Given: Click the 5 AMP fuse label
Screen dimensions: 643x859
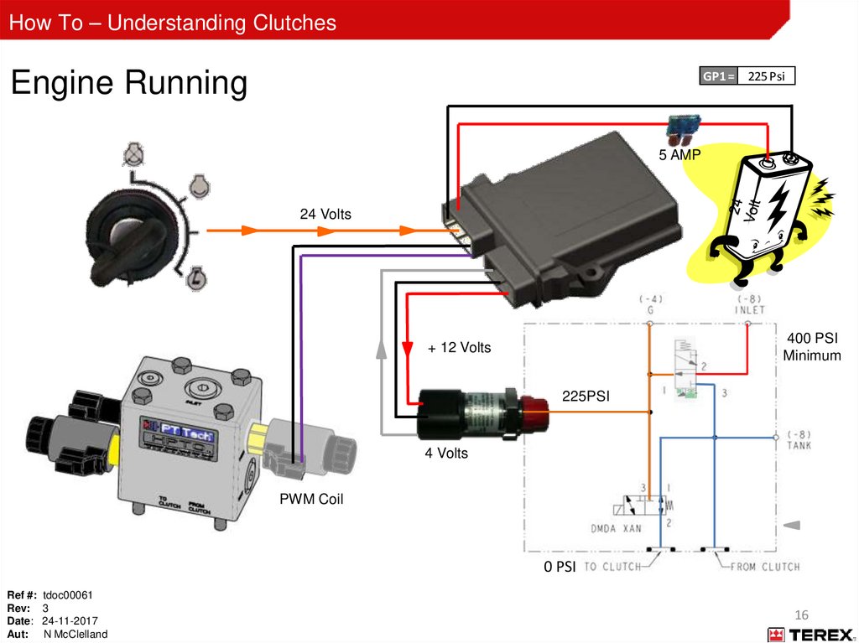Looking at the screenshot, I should tap(679, 154).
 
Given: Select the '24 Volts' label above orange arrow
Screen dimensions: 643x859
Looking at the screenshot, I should tap(325, 215).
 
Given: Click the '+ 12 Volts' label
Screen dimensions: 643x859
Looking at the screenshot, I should tap(460, 347).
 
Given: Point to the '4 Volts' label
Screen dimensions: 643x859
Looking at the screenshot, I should tap(446, 454).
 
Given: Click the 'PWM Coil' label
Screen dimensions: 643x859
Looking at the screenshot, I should tap(311, 500).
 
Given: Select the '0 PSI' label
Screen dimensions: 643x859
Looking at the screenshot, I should tap(560, 568).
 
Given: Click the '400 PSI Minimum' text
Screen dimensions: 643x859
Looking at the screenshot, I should tap(811, 347).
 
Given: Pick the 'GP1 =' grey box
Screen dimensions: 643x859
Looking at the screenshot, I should tap(719, 77).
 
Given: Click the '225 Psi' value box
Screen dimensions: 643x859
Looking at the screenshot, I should tap(766, 77).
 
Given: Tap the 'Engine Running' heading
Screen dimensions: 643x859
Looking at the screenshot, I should tap(128, 83).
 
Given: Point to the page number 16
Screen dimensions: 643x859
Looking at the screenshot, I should tap(800, 614).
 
